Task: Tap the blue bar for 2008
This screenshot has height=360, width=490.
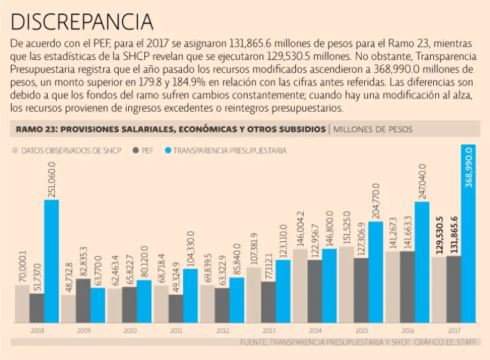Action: point(52,262)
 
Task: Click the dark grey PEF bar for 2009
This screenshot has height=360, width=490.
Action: point(83,300)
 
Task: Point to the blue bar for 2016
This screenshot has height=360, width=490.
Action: point(422,262)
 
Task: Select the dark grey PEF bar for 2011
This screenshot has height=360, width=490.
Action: point(175,308)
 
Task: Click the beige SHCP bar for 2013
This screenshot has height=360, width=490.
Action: point(253,294)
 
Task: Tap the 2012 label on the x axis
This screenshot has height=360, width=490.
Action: point(223,331)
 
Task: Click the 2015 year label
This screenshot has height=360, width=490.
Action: point(362,331)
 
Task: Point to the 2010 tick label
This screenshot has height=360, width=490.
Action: point(130,331)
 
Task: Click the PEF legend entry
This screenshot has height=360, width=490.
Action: point(143,151)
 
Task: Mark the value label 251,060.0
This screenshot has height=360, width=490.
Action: point(52,180)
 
